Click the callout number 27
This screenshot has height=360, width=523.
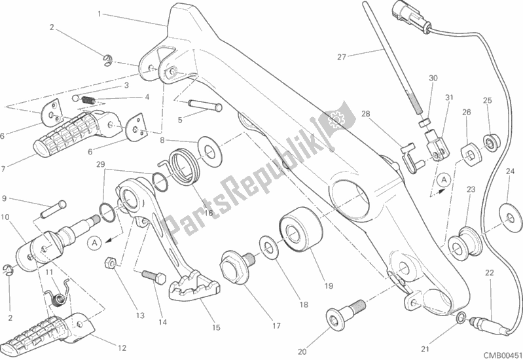pos(341,56)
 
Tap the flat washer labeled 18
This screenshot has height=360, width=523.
pos(267,246)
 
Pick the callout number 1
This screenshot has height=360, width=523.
pos(99,14)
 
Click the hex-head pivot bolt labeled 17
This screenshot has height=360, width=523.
pos(235,265)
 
